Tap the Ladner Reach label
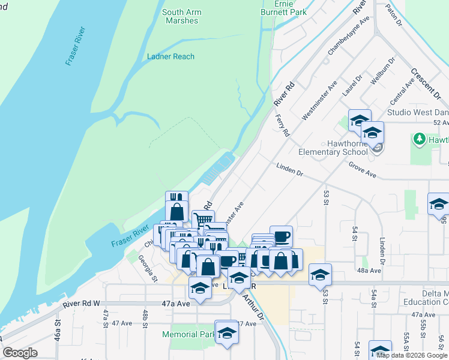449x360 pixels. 170,56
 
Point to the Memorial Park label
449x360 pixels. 188,334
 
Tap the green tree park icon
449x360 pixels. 419,139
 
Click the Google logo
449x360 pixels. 20,353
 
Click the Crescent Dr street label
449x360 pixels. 426,82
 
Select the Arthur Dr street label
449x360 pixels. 252,307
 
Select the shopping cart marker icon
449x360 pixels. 203,220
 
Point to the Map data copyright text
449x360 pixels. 412,355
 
